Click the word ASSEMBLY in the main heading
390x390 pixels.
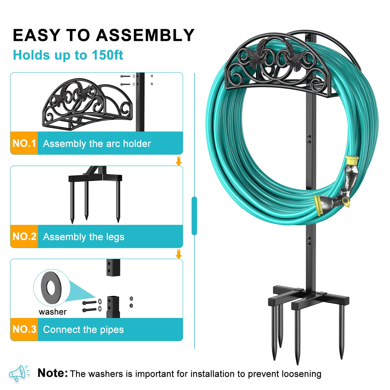145,35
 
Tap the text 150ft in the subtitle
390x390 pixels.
107,55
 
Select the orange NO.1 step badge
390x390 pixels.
24,143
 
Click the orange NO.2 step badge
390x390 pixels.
24,236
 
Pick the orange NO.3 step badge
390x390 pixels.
24,329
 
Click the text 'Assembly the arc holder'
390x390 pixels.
97,144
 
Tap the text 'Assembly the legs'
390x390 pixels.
84,237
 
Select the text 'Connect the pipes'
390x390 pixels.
83,330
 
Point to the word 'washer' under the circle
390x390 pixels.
53,312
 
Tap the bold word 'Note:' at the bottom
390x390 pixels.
53,373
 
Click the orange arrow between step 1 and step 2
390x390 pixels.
178,161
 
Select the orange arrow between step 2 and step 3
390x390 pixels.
178,254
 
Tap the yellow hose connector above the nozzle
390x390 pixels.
352,160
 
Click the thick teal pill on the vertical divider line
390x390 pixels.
194,216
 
